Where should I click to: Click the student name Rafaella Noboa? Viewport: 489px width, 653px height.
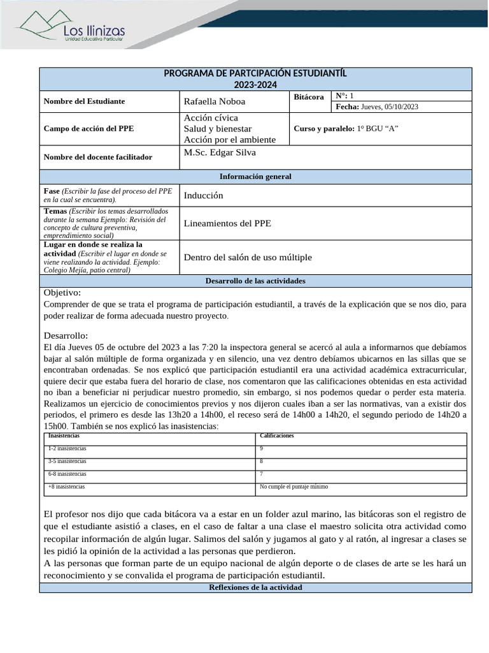click(x=214, y=101)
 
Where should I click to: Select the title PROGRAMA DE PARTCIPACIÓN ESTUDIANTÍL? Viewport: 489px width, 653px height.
click(x=255, y=73)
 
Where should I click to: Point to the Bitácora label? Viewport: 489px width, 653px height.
click(x=309, y=97)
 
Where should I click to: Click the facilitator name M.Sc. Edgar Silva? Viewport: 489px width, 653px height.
click(x=220, y=152)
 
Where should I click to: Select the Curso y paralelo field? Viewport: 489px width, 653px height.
click(x=346, y=128)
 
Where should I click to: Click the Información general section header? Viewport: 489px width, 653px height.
click(x=255, y=177)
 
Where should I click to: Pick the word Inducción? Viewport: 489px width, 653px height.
click(x=203, y=196)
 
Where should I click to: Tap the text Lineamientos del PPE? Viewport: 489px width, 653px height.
click(x=227, y=223)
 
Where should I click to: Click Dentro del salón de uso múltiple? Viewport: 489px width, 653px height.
click(x=248, y=258)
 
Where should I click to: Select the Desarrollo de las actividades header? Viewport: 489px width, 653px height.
click(x=255, y=281)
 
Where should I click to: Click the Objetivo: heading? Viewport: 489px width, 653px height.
click(x=62, y=293)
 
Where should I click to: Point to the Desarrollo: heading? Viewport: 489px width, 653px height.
click(x=66, y=335)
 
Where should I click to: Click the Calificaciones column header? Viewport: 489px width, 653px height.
click(x=276, y=436)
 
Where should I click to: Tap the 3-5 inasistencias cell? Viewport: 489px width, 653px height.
click(x=67, y=461)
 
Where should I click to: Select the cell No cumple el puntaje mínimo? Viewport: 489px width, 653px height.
click(x=294, y=487)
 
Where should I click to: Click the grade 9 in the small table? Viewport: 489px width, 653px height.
click(x=262, y=448)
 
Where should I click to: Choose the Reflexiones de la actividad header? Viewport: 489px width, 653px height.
click(x=255, y=587)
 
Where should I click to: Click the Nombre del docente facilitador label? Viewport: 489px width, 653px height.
click(x=97, y=157)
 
